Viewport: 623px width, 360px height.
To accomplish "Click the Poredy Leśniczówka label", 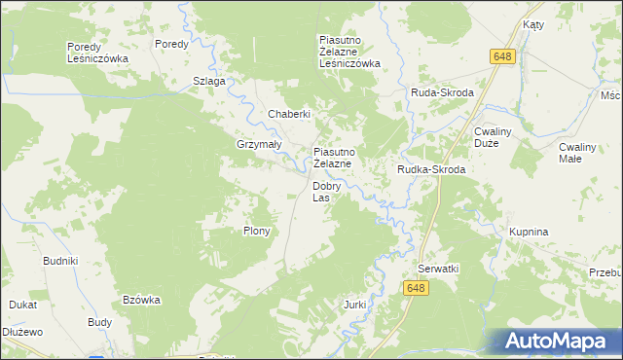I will (x=96, y=53).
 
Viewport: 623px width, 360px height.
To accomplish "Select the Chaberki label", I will (x=289, y=114).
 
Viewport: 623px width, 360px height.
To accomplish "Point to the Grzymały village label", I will (x=258, y=144).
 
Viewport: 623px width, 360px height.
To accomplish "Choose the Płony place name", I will (x=256, y=232).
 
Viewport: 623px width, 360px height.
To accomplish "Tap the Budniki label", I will (x=60, y=262).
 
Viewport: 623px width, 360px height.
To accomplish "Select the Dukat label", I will (x=22, y=305).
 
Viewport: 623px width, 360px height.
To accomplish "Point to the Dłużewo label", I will (x=22, y=332).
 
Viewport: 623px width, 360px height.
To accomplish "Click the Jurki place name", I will (x=354, y=305).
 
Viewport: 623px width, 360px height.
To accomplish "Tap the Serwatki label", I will (x=438, y=268).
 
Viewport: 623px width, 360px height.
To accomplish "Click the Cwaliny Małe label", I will (x=584, y=152).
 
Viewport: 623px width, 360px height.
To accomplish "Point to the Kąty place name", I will (x=532, y=24).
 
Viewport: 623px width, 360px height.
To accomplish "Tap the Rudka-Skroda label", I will (x=430, y=169).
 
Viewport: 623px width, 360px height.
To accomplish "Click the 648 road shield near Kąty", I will (x=501, y=58).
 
